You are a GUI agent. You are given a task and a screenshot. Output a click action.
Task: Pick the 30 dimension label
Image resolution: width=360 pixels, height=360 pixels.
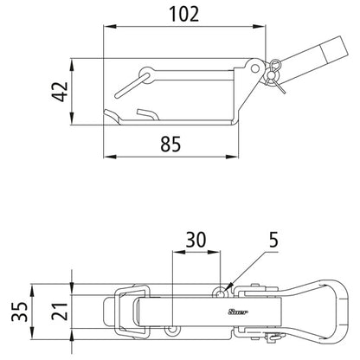tap(197, 239)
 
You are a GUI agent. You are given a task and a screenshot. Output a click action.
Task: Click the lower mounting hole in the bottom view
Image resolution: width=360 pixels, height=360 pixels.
tap(174, 330)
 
